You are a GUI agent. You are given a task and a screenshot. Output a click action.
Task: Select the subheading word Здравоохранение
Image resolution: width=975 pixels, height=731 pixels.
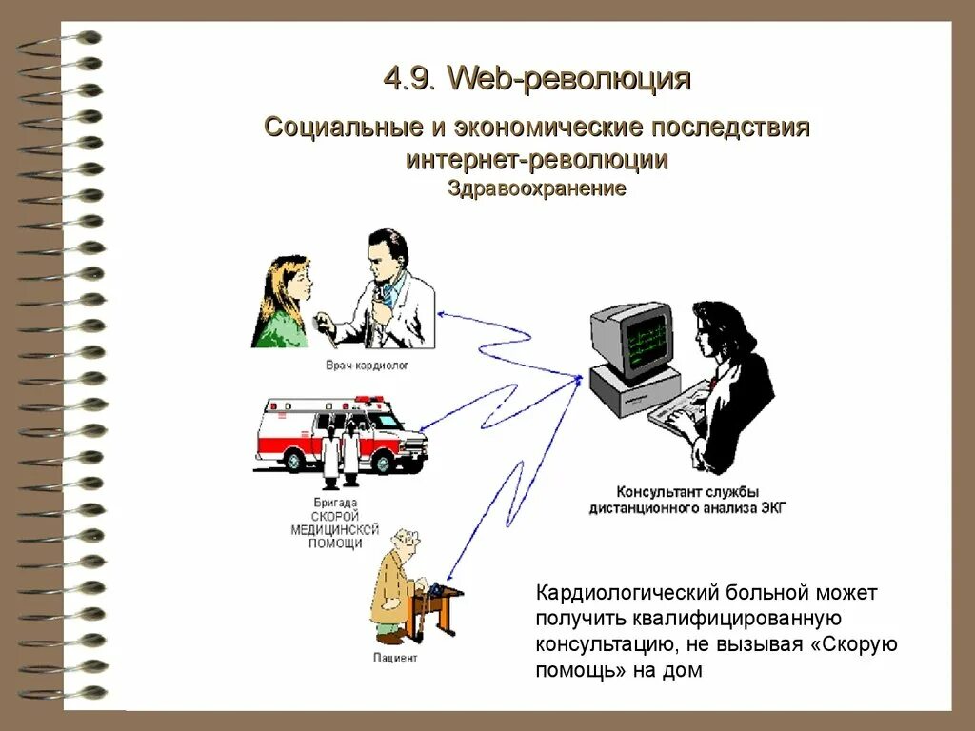point(536,188)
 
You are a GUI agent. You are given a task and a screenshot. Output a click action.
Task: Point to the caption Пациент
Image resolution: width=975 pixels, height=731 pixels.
point(396,658)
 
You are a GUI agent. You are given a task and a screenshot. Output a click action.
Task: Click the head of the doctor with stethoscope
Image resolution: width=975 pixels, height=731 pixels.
point(388,250)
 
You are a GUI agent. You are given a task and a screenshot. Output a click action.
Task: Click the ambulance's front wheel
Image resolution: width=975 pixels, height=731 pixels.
point(385,460)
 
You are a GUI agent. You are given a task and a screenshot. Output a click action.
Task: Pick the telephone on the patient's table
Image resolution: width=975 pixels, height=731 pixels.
point(437,589)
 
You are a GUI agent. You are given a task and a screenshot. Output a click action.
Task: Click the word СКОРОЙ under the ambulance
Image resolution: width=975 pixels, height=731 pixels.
point(335,515)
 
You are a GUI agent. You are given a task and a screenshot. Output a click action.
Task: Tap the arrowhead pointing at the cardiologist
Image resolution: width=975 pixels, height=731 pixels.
point(440,312)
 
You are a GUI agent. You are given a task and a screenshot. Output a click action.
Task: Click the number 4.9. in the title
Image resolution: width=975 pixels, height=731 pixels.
point(410,79)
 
